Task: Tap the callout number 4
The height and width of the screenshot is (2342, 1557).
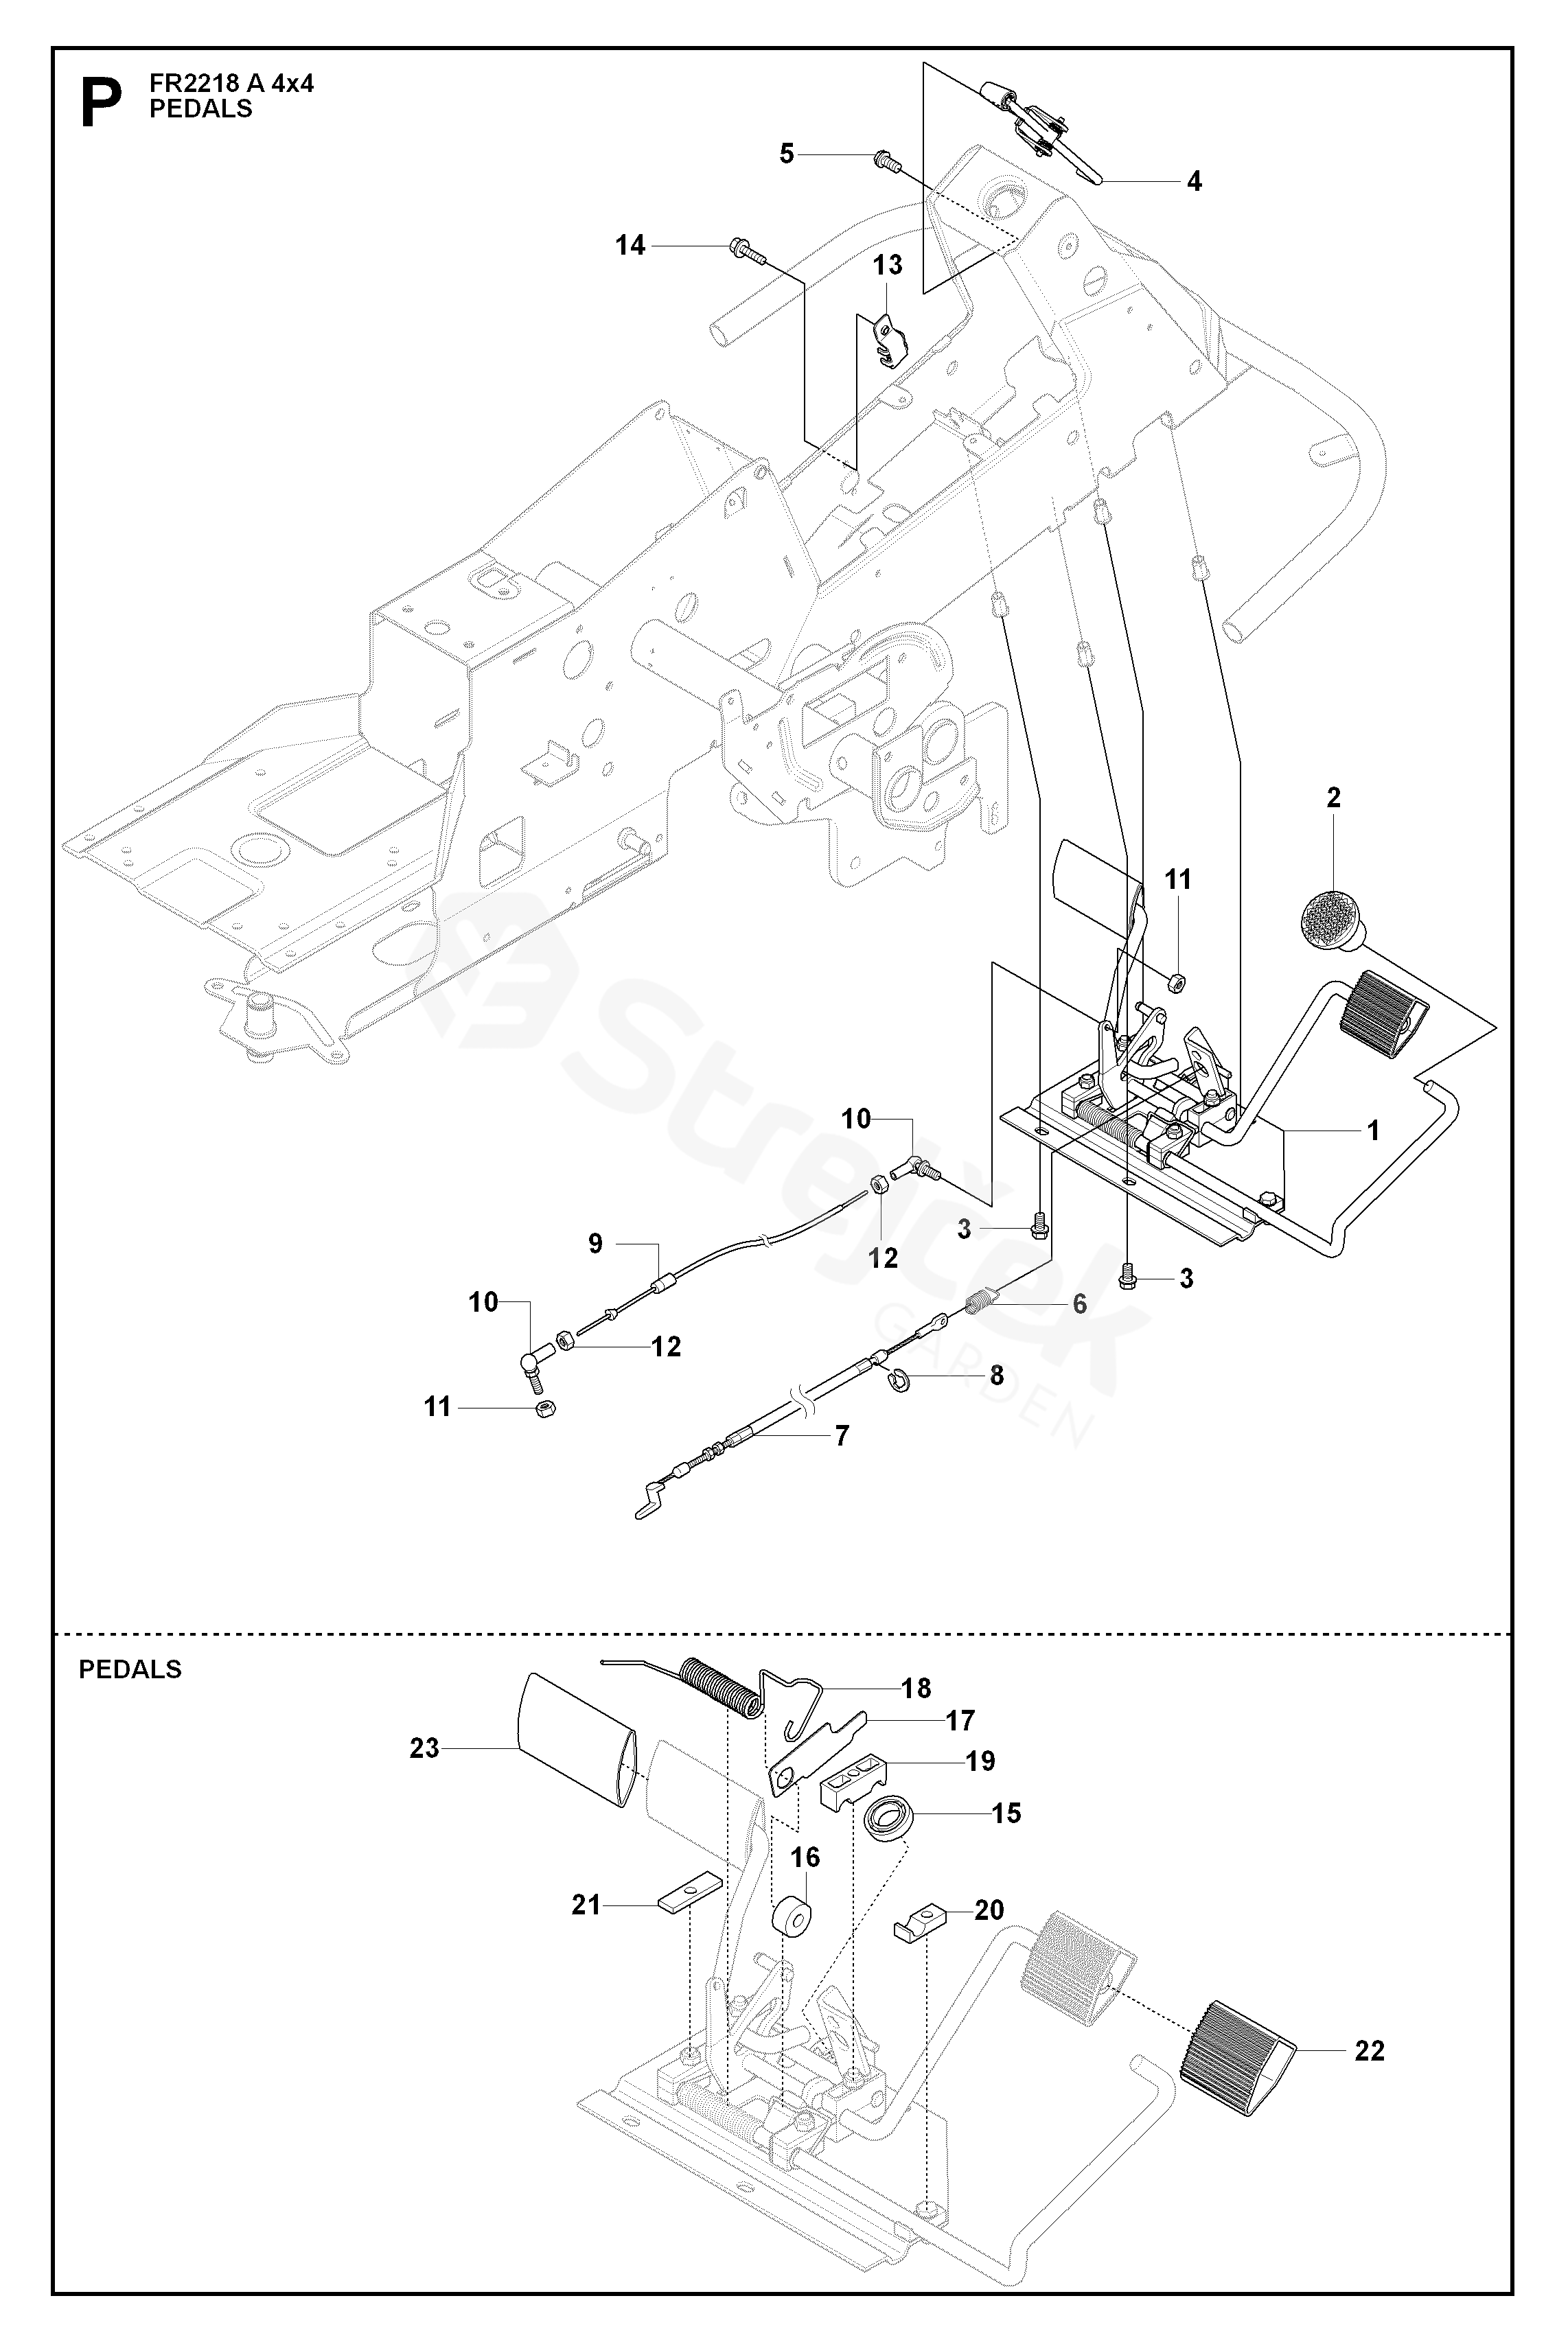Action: (x=1195, y=182)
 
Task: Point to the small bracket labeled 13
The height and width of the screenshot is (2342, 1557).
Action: (x=890, y=338)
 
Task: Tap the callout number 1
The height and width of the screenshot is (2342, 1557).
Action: (x=1373, y=1130)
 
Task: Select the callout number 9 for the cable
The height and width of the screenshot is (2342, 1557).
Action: (x=596, y=1244)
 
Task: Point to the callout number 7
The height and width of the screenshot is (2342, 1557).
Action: (x=842, y=1435)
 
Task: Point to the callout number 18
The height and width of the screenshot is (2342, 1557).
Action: (x=916, y=1688)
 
